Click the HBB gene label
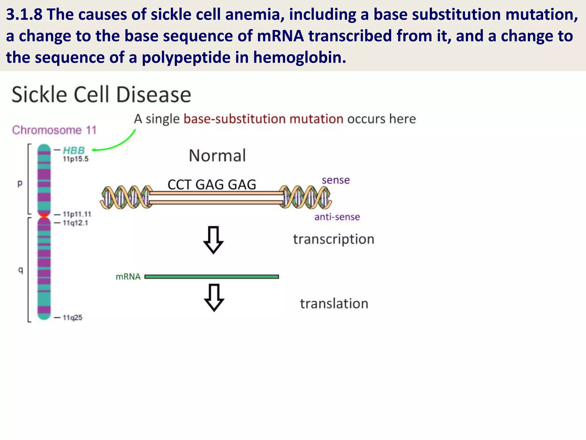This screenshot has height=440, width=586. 74,150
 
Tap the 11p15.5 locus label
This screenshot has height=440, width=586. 76,159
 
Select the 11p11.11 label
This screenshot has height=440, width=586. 77,214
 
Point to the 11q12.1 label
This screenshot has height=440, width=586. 75,223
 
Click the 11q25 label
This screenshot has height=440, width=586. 72,317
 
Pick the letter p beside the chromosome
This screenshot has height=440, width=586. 20,183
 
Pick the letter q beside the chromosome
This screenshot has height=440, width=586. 20,270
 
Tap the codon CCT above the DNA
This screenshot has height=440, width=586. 179,184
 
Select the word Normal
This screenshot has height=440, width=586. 217,156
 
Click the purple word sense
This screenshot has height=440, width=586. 336,180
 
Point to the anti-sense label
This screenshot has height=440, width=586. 337,217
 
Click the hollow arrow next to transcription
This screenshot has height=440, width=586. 213,240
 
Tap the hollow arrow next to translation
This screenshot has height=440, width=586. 214,297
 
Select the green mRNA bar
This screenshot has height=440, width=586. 212,276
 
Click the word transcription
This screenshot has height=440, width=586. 334,239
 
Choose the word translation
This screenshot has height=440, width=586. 334,304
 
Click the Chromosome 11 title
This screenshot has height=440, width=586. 54,130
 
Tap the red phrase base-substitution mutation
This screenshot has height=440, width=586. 263,119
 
